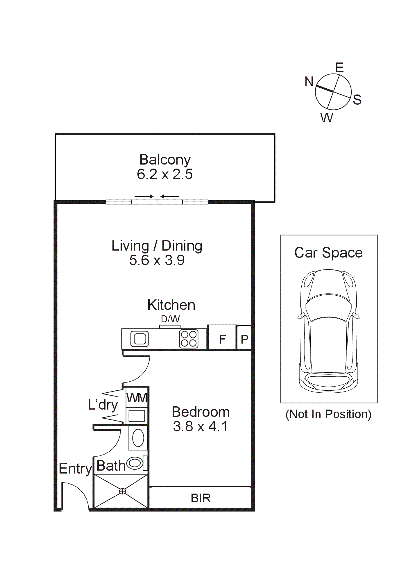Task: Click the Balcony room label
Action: point(165,160)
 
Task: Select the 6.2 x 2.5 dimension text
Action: point(165,174)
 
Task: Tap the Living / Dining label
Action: point(157,246)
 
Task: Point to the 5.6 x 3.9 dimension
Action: point(157,260)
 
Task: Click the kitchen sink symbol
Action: point(140,339)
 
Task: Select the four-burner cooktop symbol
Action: point(189,339)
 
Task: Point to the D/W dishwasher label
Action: point(170,319)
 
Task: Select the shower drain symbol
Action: point(123,491)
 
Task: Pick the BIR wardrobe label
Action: point(201,498)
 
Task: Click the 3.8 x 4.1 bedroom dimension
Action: point(200,426)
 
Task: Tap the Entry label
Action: point(75,469)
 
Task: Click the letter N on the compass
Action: point(309,81)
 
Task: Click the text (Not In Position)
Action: point(328,414)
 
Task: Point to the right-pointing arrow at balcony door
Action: point(144,196)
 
